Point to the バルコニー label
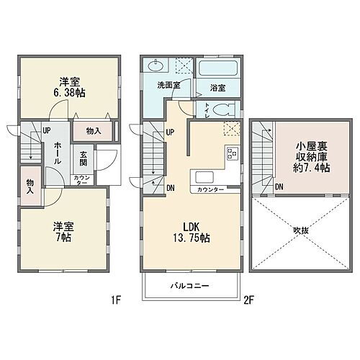[x=189, y=287]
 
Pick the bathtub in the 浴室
[x=218, y=70]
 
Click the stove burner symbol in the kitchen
[x=233, y=152]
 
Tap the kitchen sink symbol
[x=202, y=178]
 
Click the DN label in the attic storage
[x=279, y=187]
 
